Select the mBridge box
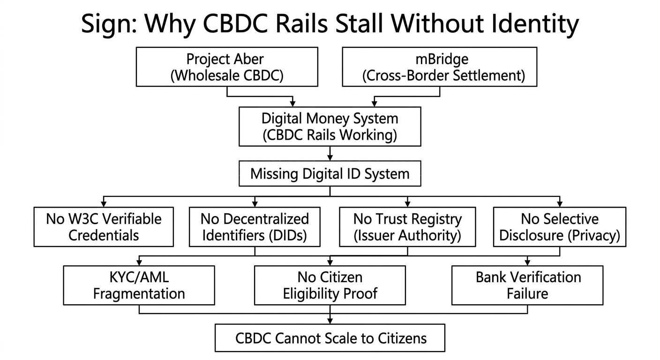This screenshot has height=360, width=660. coord(439,67)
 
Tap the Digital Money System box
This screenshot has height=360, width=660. coord(330,126)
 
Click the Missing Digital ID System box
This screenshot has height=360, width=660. coord(330,174)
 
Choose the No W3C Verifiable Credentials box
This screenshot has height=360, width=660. coord(104,227)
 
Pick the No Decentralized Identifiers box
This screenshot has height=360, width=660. coord(255,227)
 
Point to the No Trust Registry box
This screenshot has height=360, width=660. coord(407,227)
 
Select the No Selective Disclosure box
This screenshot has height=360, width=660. coord(560,227)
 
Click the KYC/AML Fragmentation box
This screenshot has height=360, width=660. coord(139,285)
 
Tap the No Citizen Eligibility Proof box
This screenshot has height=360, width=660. coord(330,285)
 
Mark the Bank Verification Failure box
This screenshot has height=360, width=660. coord(527,285)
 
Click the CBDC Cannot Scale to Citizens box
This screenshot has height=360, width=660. coord(330,338)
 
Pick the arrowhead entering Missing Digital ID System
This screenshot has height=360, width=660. coord(330,158)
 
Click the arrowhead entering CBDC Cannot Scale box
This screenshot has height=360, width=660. coord(330,321)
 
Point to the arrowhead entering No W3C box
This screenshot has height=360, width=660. coord(104,204)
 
